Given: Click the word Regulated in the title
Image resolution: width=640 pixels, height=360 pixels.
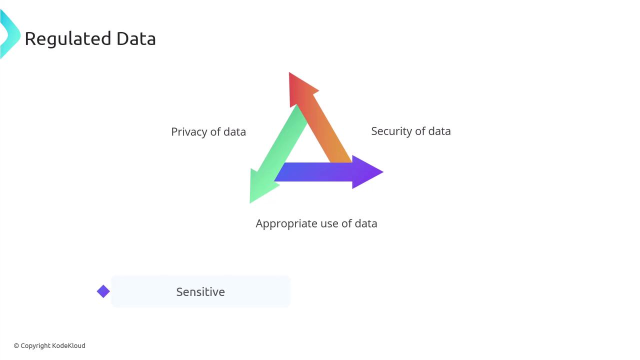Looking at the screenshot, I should click(x=68, y=39).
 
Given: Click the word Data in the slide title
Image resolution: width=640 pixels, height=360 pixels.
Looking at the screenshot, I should click(x=136, y=39).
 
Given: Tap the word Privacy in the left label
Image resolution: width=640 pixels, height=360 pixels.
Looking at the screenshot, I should click(x=189, y=132).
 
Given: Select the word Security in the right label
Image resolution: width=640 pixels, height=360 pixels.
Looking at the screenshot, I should click(x=391, y=131).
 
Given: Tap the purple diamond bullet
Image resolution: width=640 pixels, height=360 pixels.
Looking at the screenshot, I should click(x=103, y=291).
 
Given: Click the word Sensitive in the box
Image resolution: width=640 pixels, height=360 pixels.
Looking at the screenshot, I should click(x=200, y=292).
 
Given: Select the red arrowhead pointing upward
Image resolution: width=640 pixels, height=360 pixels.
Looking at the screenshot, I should click(x=299, y=87).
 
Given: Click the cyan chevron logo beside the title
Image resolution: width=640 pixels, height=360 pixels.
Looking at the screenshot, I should click(x=9, y=34).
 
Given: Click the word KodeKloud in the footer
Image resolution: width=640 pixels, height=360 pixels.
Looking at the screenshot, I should click(x=68, y=345).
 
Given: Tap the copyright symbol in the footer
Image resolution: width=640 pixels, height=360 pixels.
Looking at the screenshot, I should click(x=16, y=345).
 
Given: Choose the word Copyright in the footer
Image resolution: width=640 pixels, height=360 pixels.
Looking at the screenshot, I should click(x=35, y=345).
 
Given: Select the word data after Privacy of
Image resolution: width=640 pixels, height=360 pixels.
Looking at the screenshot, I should click(x=234, y=132).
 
